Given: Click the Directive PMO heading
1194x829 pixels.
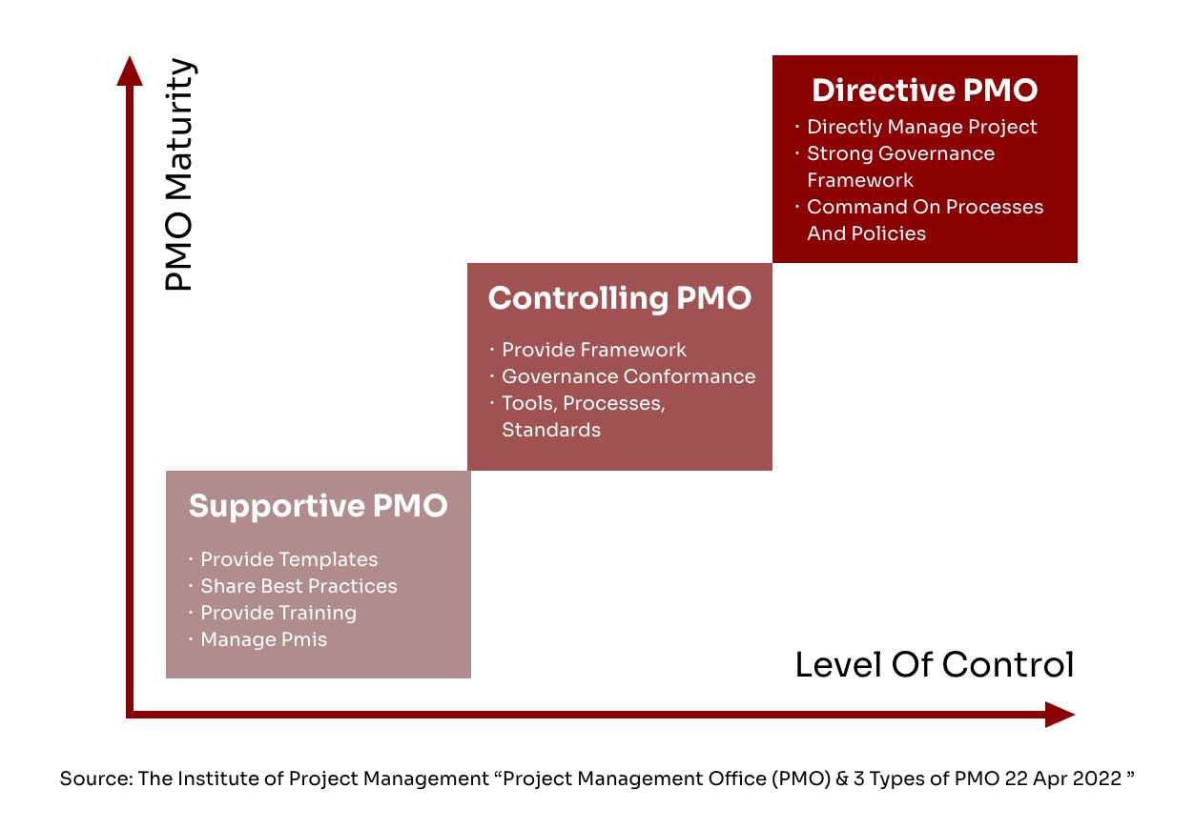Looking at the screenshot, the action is [x=925, y=90].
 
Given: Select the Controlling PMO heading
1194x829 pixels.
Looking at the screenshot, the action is [x=619, y=298].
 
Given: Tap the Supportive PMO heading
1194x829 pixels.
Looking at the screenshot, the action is [x=319, y=506].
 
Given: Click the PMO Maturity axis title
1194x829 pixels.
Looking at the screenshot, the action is [x=179, y=174].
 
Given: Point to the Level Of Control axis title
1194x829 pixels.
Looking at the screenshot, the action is [x=935, y=664].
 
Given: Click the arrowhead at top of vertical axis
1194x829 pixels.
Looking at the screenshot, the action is [x=130, y=71].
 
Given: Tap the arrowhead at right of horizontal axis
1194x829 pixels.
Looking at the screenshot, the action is [x=1060, y=714].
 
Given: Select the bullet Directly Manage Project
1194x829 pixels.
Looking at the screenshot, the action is [x=921, y=128].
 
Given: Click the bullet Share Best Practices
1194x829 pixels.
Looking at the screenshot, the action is [x=298, y=586].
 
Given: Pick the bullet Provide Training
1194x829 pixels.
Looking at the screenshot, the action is [x=278, y=614].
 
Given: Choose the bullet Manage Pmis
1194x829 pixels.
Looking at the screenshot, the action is [x=263, y=639].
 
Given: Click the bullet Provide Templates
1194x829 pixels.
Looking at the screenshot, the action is [x=289, y=559].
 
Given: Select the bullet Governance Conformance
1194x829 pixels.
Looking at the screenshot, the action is [x=628, y=376].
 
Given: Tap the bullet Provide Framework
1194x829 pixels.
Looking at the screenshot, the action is [x=594, y=350].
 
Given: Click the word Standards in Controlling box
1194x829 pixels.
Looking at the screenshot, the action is [x=551, y=430].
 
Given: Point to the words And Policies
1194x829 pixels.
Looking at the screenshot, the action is [x=866, y=233].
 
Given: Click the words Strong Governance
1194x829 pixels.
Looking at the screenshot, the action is [x=900, y=153].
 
